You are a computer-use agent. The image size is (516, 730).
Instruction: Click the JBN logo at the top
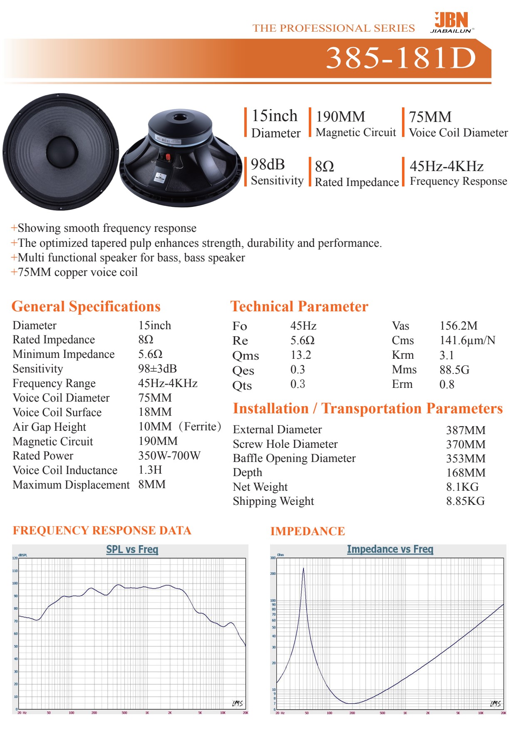click(x=451, y=22)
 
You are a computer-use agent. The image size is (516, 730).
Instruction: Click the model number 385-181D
click(x=401, y=58)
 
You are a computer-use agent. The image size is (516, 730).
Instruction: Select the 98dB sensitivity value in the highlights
click(x=268, y=165)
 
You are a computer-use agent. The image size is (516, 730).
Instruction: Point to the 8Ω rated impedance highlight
click(x=325, y=166)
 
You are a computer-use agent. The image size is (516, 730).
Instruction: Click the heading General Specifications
click(x=86, y=306)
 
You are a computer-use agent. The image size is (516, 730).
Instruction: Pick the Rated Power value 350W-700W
click(x=169, y=456)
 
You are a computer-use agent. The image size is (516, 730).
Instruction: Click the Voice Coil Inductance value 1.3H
click(x=150, y=470)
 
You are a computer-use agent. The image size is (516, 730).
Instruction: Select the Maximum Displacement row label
click(x=71, y=485)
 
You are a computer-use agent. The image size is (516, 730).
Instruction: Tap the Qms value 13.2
click(x=300, y=355)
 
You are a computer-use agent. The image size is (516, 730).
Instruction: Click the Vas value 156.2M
click(x=458, y=326)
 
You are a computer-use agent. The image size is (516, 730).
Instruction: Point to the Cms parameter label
click(x=402, y=340)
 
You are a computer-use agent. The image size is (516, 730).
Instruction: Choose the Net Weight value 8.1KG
click(x=462, y=487)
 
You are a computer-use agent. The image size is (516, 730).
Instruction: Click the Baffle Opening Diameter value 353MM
click(x=465, y=459)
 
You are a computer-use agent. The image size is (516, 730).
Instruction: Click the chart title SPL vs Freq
click(x=132, y=549)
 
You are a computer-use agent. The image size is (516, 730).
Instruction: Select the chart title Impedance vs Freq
click(x=390, y=549)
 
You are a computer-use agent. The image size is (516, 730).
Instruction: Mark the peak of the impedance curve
click(x=303, y=569)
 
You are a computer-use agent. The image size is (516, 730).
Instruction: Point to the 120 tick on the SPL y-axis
click(x=15, y=558)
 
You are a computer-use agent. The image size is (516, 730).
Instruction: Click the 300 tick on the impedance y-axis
click(x=273, y=558)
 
